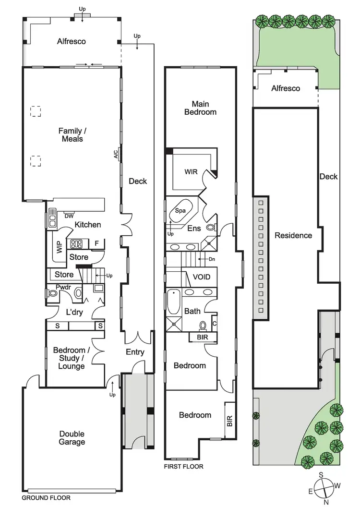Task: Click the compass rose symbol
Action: click(325, 486)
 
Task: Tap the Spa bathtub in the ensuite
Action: click(180, 211)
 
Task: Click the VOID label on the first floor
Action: click(201, 277)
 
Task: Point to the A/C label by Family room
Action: click(116, 155)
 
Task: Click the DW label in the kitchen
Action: click(69, 216)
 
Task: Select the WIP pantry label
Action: click(60, 247)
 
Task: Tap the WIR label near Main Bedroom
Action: click(191, 171)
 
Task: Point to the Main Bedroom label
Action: click(204, 108)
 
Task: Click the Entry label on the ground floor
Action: click(135, 352)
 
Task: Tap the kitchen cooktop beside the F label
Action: click(77, 243)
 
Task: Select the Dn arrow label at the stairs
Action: click(212, 259)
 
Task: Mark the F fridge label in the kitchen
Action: click(96, 243)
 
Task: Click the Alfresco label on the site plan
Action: click(286, 88)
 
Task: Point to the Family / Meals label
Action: click(71, 134)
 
